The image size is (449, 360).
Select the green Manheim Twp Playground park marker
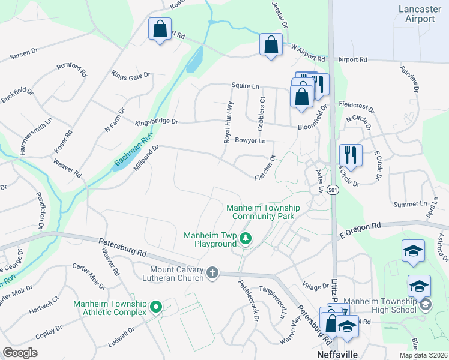[x=245, y=239]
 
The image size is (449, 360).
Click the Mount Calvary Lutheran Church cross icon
[x=212, y=274]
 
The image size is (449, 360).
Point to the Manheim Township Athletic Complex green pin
[x=156, y=308]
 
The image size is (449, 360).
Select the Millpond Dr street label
[x=146, y=158]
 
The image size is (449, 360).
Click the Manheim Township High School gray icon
[x=426, y=305]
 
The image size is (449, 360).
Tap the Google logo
[x=20, y=353]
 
